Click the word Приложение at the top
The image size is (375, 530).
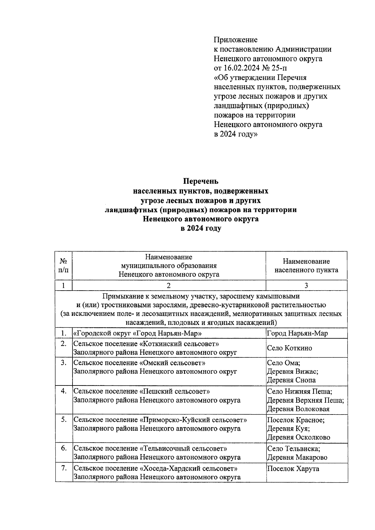(236, 40)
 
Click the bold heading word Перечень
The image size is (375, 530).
(200, 181)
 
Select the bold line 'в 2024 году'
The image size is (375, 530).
(200, 228)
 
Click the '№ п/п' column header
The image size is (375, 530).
(63, 265)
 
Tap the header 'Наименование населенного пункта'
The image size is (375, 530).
(306, 266)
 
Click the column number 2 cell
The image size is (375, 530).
(169, 285)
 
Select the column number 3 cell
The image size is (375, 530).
(306, 285)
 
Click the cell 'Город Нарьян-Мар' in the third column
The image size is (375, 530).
(297, 333)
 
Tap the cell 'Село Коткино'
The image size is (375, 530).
(289, 348)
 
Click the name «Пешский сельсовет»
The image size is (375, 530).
(174, 391)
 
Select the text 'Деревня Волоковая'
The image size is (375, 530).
(298, 409)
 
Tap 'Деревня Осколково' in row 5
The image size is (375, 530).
(299, 437)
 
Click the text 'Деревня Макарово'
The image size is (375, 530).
(297, 458)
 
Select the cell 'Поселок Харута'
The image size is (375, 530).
(293, 469)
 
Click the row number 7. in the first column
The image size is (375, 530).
(64, 468)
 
